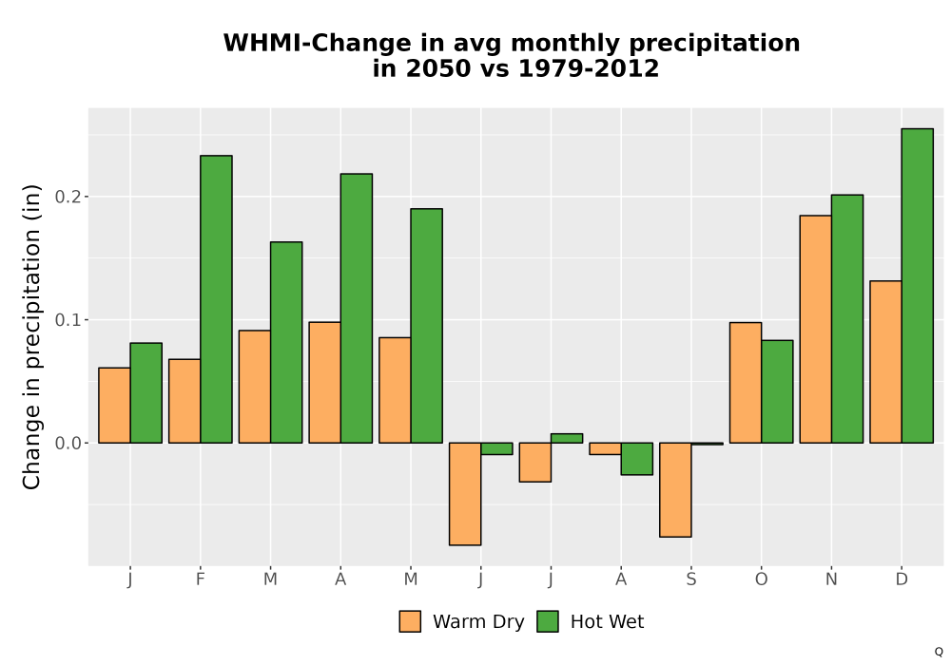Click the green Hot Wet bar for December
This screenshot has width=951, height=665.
[x=917, y=286]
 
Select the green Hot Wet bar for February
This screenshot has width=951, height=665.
[x=216, y=299]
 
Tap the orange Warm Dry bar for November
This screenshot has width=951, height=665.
[x=816, y=330]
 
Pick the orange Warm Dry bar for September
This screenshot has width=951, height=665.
[x=675, y=490]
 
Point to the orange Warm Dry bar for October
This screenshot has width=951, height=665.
[x=746, y=383]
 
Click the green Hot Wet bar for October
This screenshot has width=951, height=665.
[x=777, y=391]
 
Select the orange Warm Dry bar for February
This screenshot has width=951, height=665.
[x=184, y=402]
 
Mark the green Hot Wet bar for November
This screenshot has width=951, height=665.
[x=847, y=319]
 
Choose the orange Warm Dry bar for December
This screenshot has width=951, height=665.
[x=885, y=362]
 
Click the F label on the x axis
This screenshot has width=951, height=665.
[x=200, y=579]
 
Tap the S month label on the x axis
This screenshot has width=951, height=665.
[x=691, y=579]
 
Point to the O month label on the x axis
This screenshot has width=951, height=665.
[x=761, y=579]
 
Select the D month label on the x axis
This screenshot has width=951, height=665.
[x=902, y=579]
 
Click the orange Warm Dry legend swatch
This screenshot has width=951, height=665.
[x=410, y=621]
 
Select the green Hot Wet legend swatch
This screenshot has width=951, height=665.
[x=548, y=621]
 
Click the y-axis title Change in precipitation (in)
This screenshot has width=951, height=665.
[x=31, y=336]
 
